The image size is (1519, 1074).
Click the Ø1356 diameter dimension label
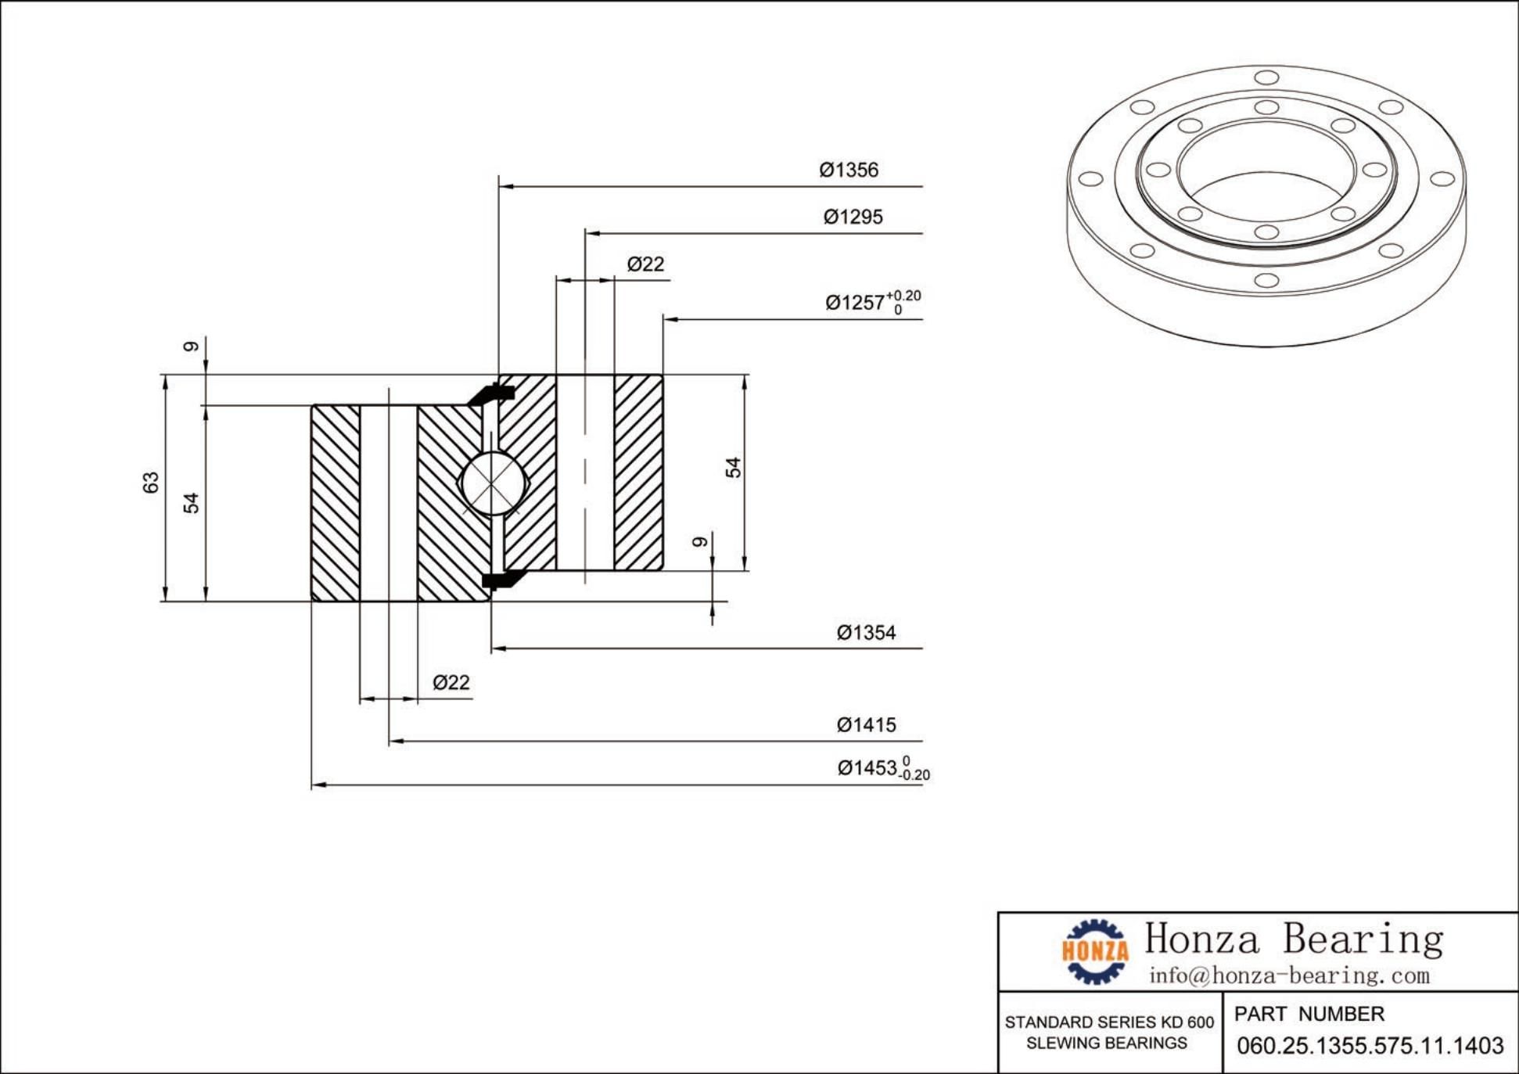[x=849, y=170]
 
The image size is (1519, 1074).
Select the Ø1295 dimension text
[x=853, y=217]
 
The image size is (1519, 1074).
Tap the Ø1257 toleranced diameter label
[x=872, y=302]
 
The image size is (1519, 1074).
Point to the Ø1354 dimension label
[x=866, y=632]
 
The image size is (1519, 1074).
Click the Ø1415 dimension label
[x=866, y=725]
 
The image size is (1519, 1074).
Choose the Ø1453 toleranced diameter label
[x=882, y=768]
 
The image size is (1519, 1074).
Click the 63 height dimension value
[x=151, y=483]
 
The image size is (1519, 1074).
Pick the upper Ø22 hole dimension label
[x=645, y=264]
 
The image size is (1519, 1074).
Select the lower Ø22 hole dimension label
[x=451, y=683]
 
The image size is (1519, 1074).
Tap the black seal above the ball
[x=491, y=394]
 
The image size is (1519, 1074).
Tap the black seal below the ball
[x=499, y=579]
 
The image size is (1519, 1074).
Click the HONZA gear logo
[x=1095, y=951]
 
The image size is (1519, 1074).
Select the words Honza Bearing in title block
[x=1294, y=939]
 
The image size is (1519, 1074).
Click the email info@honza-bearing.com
[x=1289, y=975]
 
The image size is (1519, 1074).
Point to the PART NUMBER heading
[x=1309, y=1014]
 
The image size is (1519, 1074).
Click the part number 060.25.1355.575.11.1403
[x=1370, y=1046]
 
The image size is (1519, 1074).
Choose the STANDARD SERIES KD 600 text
[x=1109, y=1022]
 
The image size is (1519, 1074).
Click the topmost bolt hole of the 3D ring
[x=1266, y=77]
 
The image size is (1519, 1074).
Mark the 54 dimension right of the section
[x=733, y=468]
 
